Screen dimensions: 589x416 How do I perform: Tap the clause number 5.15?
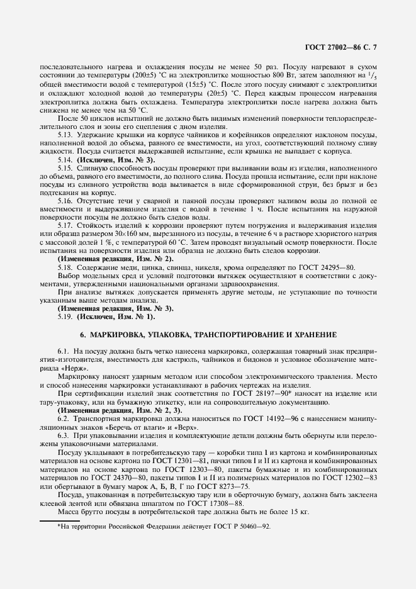click(64, 169)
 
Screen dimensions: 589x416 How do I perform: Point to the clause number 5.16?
click(64, 199)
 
